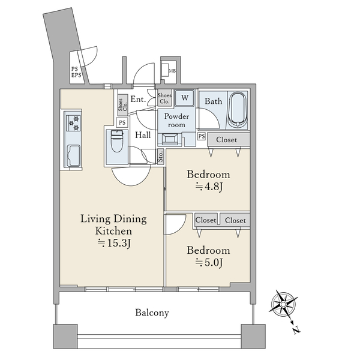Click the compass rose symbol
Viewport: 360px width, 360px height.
point(283,304)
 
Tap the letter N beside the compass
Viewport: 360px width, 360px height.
point(296,330)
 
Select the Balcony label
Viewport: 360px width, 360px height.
point(152,313)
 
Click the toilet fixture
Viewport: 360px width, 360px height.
point(117,141)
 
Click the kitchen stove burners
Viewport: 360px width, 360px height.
point(73,123)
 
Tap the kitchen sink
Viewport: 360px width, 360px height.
point(73,155)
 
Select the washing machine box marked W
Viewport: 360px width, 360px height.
point(185,98)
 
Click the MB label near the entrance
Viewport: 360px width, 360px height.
point(172,71)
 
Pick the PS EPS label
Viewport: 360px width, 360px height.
point(76,72)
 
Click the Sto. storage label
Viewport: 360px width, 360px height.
point(160,156)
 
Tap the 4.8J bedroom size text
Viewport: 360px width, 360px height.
point(209,187)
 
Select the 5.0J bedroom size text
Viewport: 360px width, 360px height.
point(209,262)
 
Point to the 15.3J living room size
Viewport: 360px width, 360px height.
point(115,243)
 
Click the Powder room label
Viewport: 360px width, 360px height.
point(176,121)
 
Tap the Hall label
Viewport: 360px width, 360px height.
point(143,135)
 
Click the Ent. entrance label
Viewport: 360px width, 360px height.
point(138,99)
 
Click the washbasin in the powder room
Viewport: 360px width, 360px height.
point(170,139)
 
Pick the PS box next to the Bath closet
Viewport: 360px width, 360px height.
point(202,136)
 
